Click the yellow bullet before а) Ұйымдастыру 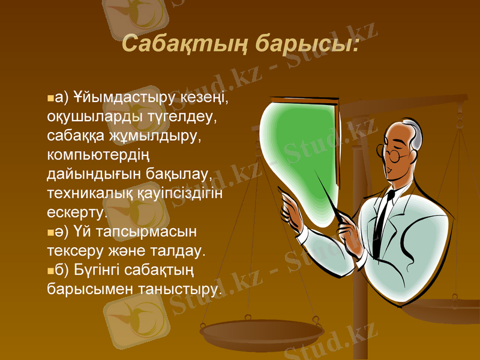50,97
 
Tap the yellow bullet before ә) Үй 50,232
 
